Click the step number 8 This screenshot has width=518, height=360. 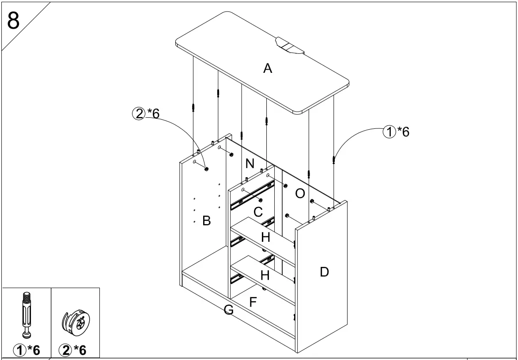(13, 20)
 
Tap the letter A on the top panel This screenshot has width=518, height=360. (268, 68)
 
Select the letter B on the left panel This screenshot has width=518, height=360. (206, 221)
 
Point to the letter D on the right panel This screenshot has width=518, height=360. (324, 272)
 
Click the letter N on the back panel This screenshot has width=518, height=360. (250, 164)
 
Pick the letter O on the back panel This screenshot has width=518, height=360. (300, 193)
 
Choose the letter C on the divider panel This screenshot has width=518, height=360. (258, 212)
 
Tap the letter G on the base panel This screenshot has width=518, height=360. (228, 310)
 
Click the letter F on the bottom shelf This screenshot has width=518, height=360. (253, 302)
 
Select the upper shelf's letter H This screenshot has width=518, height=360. (265, 237)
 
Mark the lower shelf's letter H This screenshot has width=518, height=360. (265, 275)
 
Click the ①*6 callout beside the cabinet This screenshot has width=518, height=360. (396, 131)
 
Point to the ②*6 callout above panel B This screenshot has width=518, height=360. (145, 113)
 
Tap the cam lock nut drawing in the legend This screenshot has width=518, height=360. (76, 320)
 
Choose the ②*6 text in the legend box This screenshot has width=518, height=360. (74, 350)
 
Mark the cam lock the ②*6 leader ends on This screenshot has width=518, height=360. (207, 169)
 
